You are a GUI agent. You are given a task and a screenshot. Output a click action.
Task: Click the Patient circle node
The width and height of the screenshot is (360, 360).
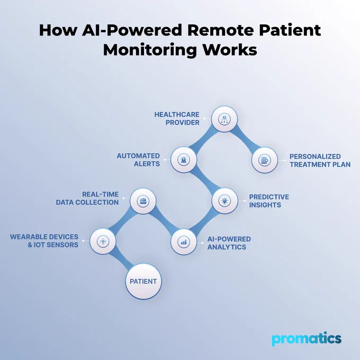(x=143, y=281)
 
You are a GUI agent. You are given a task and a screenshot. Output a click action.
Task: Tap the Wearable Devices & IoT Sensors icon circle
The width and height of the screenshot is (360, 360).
(x=103, y=241)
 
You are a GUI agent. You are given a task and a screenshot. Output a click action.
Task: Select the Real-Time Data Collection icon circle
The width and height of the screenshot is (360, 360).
(x=143, y=201)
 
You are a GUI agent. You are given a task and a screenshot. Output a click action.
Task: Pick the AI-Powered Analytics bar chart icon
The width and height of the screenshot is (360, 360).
(x=184, y=242)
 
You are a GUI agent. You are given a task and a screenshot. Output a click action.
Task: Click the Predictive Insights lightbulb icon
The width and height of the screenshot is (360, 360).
(x=224, y=201)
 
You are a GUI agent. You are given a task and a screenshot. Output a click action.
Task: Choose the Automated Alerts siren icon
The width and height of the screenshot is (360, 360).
(x=184, y=159)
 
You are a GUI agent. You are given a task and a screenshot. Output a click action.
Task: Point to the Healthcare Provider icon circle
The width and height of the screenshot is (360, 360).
(x=224, y=119)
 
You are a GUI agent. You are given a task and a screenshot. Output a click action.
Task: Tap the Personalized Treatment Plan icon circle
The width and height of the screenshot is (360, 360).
(x=265, y=160)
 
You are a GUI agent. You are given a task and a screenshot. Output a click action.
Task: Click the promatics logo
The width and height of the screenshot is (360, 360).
(x=307, y=339)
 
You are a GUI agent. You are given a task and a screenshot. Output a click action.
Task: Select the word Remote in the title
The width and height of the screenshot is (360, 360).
(x=221, y=30)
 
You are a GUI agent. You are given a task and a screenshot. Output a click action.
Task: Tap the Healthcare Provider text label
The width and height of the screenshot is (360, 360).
(x=177, y=119)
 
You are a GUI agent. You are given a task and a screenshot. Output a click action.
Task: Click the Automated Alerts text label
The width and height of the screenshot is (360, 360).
(x=138, y=160)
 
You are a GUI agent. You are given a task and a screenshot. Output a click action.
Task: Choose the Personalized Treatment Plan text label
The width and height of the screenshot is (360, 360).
(x=320, y=160)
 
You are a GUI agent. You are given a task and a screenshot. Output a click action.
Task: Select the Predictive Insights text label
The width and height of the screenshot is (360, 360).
(x=269, y=201)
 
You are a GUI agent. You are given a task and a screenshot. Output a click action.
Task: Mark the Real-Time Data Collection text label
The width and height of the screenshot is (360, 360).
(x=87, y=199)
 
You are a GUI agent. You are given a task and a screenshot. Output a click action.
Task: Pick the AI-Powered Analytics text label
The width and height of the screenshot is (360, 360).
(x=229, y=243)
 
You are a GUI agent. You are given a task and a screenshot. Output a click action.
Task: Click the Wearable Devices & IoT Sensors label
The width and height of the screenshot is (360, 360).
(x=44, y=241)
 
